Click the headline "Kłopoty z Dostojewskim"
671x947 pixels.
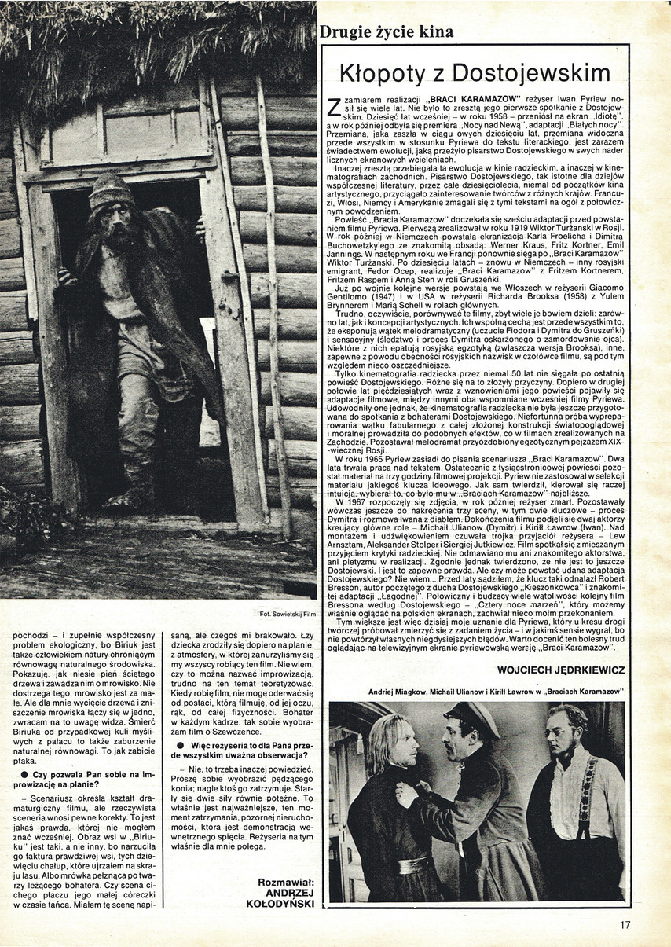point(475,73)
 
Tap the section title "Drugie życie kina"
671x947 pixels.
point(386,32)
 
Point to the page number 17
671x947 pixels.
point(625,925)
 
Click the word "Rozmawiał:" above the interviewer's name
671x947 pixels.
point(286,882)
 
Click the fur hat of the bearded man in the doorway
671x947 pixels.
point(111,193)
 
